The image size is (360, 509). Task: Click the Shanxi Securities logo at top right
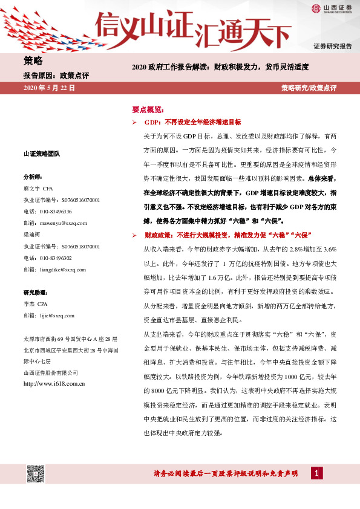(x=331, y=8)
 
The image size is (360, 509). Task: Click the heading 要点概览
(x=148, y=110)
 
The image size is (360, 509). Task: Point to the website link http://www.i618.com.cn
(x=53, y=383)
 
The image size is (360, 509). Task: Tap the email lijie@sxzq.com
(x=55, y=316)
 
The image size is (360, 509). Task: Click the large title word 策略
(x=33, y=61)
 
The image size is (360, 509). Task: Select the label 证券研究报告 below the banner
(x=332, y=47)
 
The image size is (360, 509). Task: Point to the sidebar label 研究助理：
(x=35, y=293)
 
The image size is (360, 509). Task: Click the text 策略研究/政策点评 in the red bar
(x=309, y=88)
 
